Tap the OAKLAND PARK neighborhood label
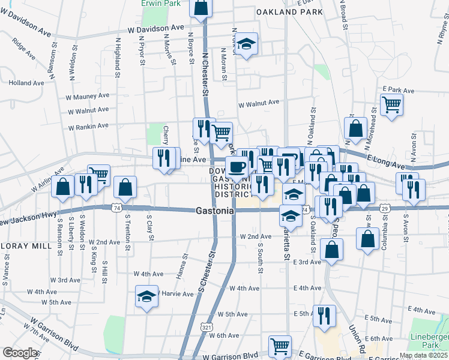289,11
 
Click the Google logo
19,353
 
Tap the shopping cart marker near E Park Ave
391,106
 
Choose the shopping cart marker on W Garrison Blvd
280,346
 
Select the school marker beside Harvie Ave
146,297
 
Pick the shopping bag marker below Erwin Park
200,8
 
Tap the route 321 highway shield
206,327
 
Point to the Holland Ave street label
23,83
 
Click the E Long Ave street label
383,160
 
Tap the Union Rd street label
358,338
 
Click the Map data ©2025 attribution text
423,355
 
